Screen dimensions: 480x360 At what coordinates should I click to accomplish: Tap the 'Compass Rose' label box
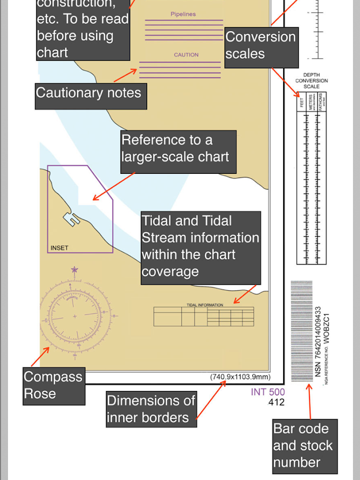tap(53, 386)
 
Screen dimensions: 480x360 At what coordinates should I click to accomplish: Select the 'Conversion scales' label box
tap(261, 46)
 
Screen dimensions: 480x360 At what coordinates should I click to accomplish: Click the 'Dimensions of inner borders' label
tap(151, 409)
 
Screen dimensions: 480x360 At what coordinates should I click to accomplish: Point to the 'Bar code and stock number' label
tap(304, 446)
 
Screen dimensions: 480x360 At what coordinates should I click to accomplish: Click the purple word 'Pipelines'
tap(183, 14)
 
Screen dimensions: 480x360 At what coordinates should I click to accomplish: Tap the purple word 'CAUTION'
tap(186, 55)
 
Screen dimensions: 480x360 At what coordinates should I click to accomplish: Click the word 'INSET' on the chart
tap(59, 248)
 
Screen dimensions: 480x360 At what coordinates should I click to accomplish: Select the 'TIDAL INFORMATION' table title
tap(205, 305)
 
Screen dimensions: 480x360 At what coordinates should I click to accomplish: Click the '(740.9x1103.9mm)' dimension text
tap(241, 377)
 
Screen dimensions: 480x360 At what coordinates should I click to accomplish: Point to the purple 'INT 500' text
tap(268, 393)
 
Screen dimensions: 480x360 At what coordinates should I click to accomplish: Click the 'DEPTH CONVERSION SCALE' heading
tap(311, 81)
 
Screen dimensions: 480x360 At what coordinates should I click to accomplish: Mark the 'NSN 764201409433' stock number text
tap(318, 341)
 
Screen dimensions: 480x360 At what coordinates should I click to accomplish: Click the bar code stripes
tap(301, 331)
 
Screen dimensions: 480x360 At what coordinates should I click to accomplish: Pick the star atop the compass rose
tap(74, 269)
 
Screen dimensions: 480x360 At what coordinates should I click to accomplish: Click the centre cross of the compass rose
tap(74, 316)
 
